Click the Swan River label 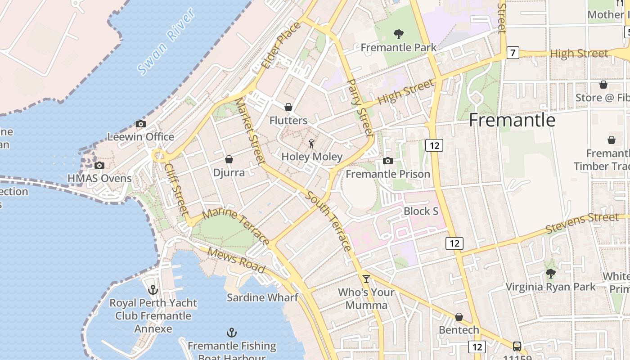tap(166, 41)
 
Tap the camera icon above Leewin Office tap(141, 124)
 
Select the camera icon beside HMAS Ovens tap(99, 166)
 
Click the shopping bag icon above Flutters tap(288, 107)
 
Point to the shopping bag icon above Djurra tap(229, 159)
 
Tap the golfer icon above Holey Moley tap(311, 144)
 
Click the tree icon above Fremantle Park tap(398, 34)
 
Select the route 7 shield tap(513, 53)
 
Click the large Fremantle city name tap(512, 120)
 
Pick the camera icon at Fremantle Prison tap(388, 161)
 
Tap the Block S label tap(421, 211)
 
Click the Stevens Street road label tap(582, 223)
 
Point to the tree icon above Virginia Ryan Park tap(550, 274)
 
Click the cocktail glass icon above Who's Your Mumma tap(366, 279)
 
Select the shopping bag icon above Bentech tap(459, 317)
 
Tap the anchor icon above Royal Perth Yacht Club tap(153, 290)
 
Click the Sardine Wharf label tap(262, 297)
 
